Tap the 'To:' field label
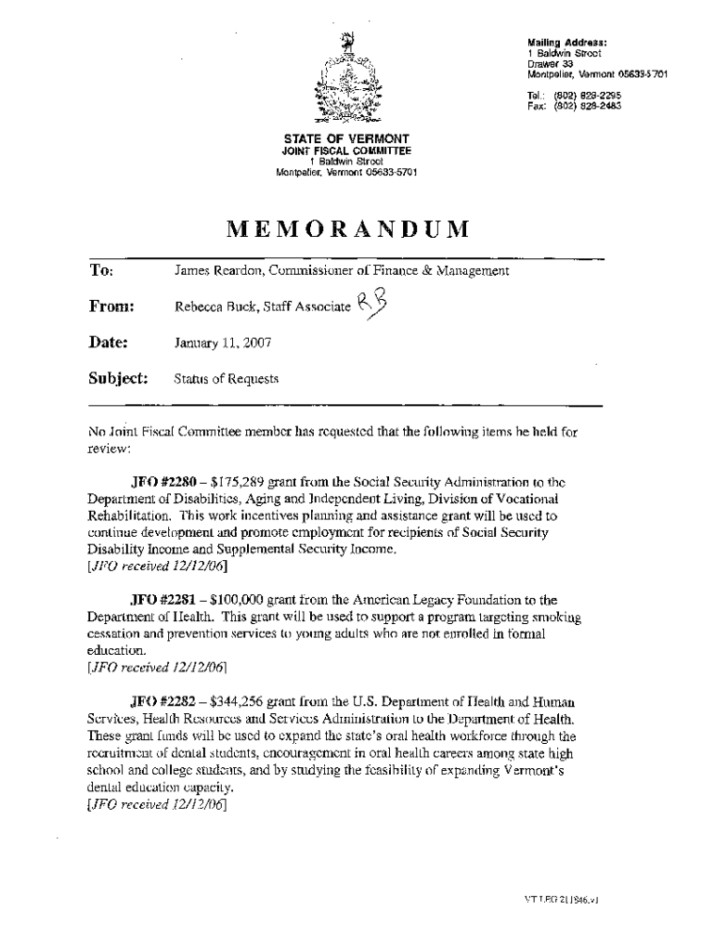click(100, 271)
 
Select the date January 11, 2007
click(223, 343)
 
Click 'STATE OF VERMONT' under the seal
click(346, 139)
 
